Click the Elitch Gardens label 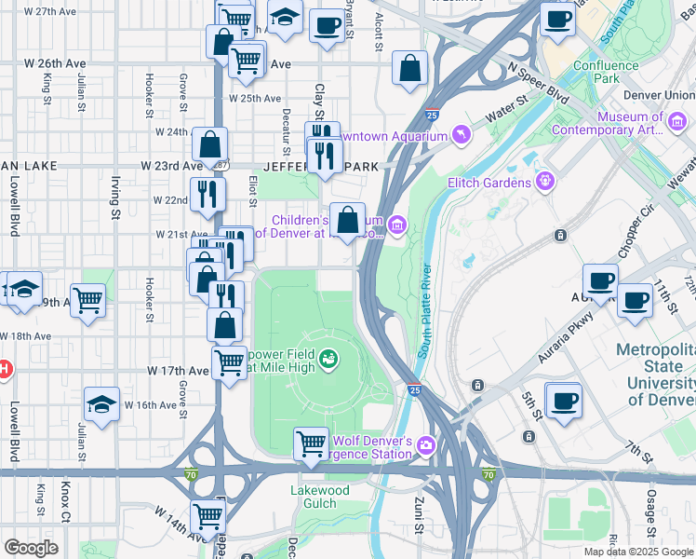[x=491, y=183]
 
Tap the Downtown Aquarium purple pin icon [x=462, y=136]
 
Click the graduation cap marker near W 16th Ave [x=101, y=403]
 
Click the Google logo [x=32, y=548]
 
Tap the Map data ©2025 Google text [x=638, y=552]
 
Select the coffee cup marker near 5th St [x=564, y=401]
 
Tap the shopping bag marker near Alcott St [x=409, y=68]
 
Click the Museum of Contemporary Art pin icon [x=672, y=118]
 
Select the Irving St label [x=116, y=187]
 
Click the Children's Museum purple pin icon [x=397, y=224]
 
